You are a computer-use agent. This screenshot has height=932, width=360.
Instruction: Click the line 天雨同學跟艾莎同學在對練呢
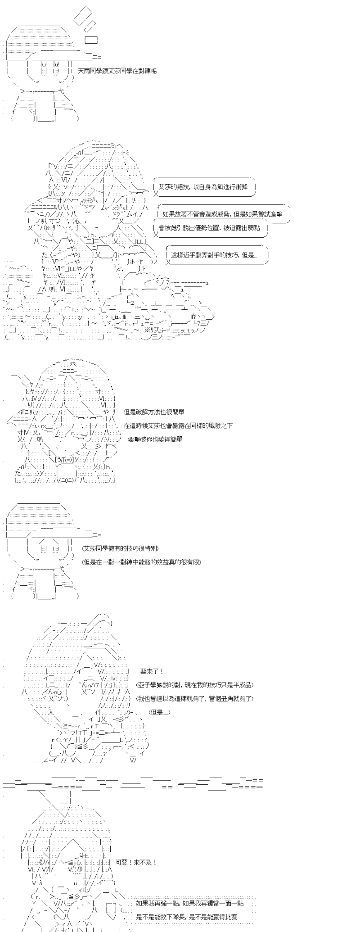coord(117,71)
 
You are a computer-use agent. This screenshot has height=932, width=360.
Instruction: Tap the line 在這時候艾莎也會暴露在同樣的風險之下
coord(178,425)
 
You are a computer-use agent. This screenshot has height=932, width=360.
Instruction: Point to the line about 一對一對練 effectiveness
coord(141,562)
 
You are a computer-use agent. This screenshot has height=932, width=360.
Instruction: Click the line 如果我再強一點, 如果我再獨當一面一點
coord(191,889)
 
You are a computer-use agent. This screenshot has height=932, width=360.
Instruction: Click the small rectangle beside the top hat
coord(91,40)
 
